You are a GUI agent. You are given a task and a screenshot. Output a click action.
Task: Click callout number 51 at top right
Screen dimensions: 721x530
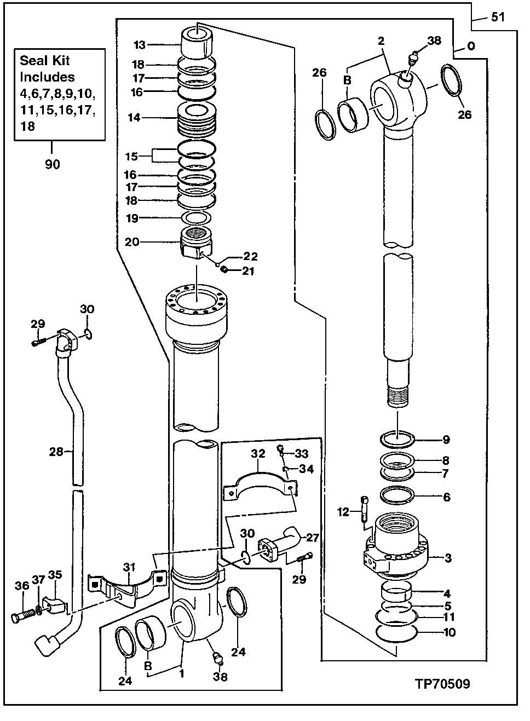tap(498, 17)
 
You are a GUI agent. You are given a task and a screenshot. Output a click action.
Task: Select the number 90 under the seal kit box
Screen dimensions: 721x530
tap(53, 164)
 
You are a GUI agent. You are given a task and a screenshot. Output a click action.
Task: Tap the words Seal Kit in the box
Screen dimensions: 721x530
tap(45, 61)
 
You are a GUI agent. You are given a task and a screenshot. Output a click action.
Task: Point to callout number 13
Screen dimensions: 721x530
tap(140, 44)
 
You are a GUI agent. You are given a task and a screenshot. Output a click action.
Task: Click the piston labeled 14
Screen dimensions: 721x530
tap(195, 120)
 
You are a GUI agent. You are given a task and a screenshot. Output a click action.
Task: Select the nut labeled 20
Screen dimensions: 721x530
tap(195, 241)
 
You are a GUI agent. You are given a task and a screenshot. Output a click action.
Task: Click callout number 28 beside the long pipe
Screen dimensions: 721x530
tap(56, 452)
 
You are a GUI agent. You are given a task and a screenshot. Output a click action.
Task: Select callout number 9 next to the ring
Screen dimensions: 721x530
tap(446, 439)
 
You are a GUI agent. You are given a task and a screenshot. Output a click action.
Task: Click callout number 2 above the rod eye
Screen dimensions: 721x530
tap(381, 41)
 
